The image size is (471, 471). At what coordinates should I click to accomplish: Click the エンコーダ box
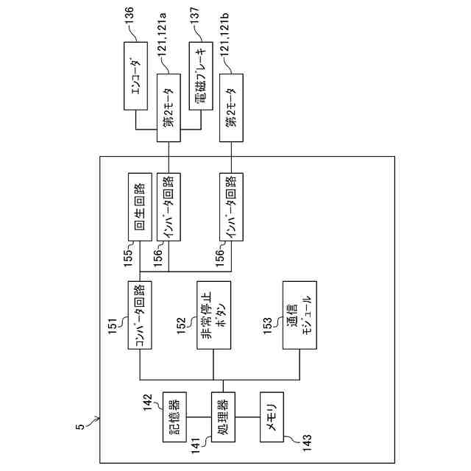[x=135, y=76]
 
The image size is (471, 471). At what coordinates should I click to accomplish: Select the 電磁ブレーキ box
[x=201, y=76]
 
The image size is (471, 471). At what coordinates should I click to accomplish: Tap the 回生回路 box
[x=140, y=207]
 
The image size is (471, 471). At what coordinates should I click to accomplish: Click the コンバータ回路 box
[x=140, y=315]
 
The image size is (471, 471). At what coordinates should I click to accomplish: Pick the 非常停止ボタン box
[x=214, y=315]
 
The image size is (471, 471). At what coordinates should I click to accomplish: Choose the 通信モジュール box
[x=300, y=315]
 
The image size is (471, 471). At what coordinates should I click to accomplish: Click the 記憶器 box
[x=174, y=417]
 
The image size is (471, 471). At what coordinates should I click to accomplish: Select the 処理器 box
[x=223, y=417]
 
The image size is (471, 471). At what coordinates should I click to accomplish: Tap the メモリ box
[x=272, y=417]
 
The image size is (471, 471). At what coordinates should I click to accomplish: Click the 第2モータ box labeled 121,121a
[x=169, y=108]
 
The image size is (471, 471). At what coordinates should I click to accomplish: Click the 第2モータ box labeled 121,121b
[x=231, y=108]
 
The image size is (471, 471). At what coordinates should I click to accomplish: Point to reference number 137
[x=194, y=17]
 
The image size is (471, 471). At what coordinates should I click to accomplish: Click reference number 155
[x=127, y=257]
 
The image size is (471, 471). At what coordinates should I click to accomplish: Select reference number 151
[x=113, y=327]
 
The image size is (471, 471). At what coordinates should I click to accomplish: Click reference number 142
[x=148, y=403]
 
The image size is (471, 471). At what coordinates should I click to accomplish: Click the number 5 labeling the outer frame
[x=80, y=427]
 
